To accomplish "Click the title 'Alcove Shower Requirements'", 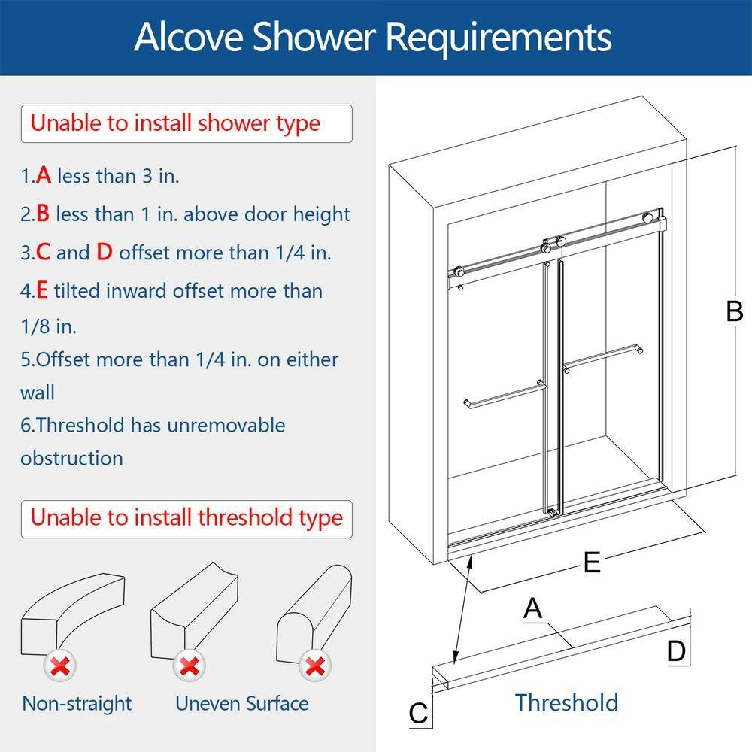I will [x=373, y=37].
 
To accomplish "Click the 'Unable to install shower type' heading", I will [x=175, y=123].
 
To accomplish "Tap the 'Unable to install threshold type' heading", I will [x=186, y=518].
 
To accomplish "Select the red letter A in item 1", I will [x=44, y=176].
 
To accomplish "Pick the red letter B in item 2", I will [x=43, y=214].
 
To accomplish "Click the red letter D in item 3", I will [x=104, y=253].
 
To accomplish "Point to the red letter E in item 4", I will [x=42, y=291].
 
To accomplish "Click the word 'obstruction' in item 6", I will [x=71, y=458].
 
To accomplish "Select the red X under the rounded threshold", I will [x=315, y=666].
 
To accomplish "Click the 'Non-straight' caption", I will [x=76, y=704].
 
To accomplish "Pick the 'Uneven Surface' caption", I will [x=241, y=704].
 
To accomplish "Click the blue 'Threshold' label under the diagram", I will [x=566, y=702].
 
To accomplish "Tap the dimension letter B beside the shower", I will [x=734, y=311].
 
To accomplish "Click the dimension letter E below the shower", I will [x=593, y=562].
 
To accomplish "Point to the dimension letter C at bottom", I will [x=418, y=713].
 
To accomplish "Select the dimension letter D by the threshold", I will [x=677, y=651].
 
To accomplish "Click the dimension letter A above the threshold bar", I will [x=532, y=608].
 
